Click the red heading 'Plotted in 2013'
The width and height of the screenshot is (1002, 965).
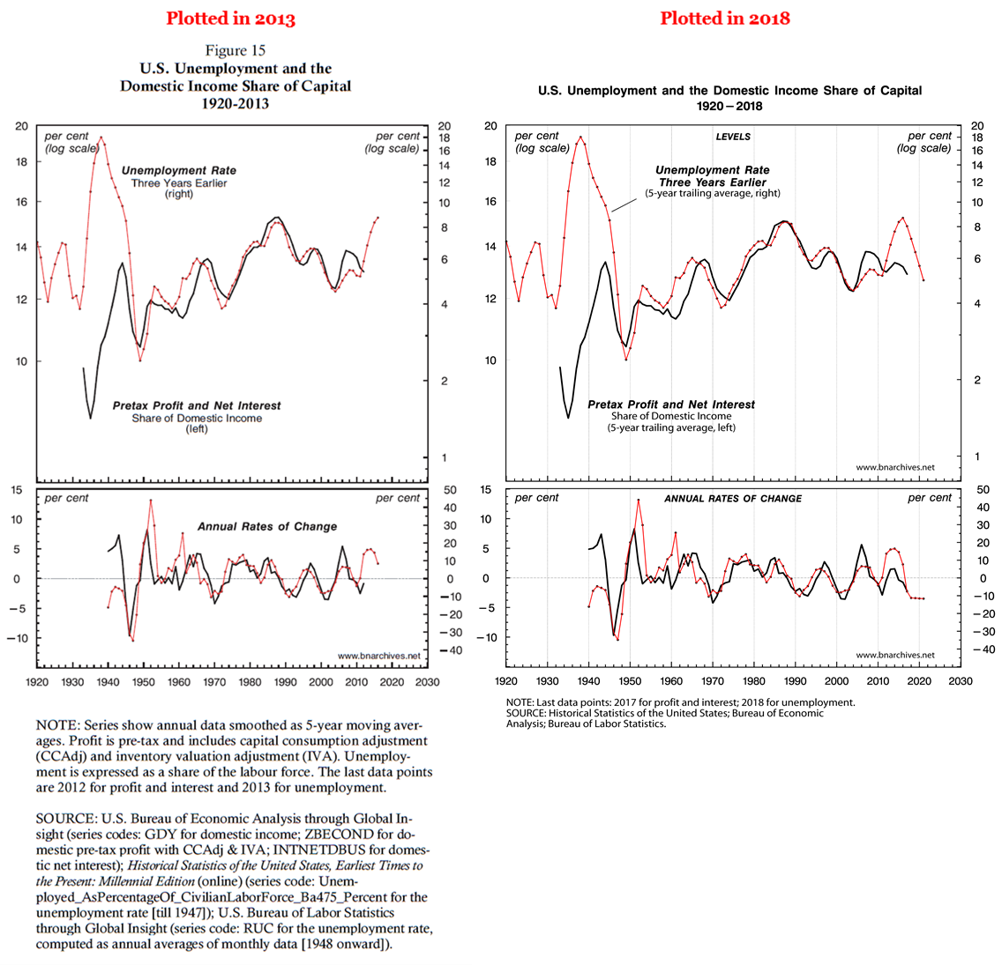pos(230,19)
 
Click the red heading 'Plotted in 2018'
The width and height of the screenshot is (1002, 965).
pos(725,19)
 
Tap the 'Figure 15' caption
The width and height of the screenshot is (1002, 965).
pos(236,50)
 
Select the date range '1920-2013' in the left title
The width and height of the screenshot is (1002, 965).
pos(236,103)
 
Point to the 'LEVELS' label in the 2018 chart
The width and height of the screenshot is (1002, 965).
pos(733,137)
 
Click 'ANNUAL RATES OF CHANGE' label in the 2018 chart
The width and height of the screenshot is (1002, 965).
pos(733,499)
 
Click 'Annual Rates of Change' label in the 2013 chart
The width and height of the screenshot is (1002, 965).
pos(266,526)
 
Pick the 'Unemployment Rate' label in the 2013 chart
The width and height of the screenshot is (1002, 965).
pos(179,170)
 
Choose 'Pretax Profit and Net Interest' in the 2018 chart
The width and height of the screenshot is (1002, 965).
pos(671,405)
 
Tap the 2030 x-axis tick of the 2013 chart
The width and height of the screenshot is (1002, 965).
pos(427,681)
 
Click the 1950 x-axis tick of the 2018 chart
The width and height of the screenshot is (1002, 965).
pos(630,680)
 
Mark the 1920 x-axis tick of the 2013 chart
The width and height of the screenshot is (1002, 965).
pos(37,681)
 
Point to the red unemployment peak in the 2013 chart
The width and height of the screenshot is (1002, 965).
pos(101,137)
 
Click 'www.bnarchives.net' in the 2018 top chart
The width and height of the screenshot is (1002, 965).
pos(894,467)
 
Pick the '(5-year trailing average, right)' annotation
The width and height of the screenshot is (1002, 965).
pos(713,193)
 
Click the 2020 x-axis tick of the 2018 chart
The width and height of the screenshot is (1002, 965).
pos(919,680)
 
